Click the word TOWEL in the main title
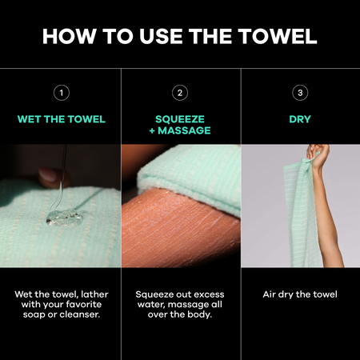click(278, 36)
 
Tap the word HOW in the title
click(70, 36)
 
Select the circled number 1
click(62, 93)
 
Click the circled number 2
click(180, 93)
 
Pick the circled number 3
click(300, 93)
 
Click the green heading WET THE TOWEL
click(62, 119)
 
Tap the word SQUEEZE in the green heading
click(180, 119)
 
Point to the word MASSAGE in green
click(184, 130)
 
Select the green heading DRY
click(300, 119)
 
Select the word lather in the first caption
click(94, 294)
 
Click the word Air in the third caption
click(269, 294)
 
